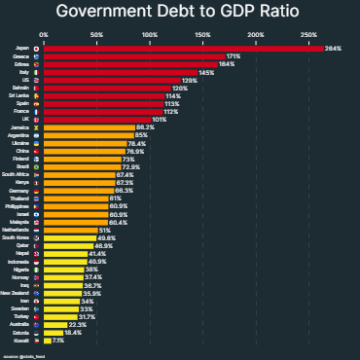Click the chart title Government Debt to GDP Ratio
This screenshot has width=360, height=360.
click(180, 13)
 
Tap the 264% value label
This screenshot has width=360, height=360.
click(333, 48)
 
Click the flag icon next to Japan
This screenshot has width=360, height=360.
click(37, 48)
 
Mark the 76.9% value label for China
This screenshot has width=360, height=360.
click(134, 152)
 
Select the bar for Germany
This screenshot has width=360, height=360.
click(78, 191)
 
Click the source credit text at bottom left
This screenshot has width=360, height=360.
click(24, 356)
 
